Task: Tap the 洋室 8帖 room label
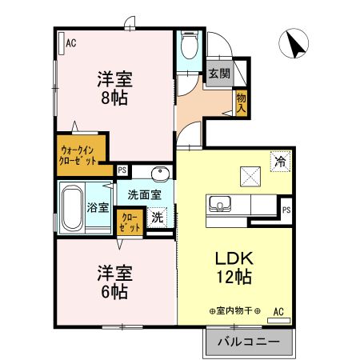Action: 114,88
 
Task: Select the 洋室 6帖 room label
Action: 114,282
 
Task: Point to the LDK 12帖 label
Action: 233,269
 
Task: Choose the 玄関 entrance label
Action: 219,73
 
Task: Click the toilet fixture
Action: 189,46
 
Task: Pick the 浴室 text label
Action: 98,206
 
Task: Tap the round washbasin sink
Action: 158,173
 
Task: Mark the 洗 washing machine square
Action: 158,216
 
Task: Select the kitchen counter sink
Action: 219,204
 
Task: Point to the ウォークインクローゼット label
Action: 78,153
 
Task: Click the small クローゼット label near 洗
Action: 130,221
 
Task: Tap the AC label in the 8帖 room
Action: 70,42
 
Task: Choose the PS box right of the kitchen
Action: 286,210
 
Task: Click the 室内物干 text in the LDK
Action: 235,310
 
